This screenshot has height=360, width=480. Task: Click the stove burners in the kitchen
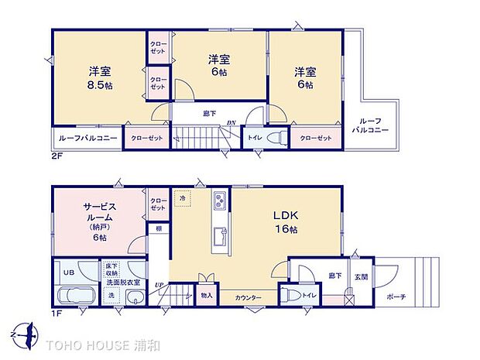219,203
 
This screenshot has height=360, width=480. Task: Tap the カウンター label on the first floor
249,297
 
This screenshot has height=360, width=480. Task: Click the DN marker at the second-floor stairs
231,122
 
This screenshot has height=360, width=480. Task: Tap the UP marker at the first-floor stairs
159,286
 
